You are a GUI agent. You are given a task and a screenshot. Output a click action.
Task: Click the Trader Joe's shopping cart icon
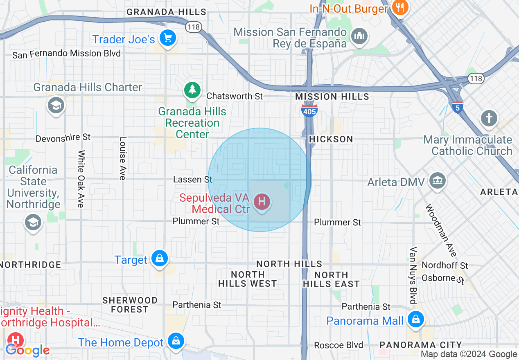167,38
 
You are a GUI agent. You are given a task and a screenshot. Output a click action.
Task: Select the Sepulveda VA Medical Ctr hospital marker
262,202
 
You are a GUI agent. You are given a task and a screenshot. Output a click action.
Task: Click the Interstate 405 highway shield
309,110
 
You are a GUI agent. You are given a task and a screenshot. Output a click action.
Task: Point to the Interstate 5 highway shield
458,107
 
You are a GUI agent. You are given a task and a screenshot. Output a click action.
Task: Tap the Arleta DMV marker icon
438,180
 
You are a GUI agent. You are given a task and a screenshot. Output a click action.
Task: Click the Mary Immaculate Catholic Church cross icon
489,119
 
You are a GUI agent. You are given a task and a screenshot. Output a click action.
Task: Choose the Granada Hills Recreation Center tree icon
192,90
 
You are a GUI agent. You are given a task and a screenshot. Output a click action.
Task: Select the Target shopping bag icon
159,259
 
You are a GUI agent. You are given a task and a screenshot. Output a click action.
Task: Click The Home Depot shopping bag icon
176,341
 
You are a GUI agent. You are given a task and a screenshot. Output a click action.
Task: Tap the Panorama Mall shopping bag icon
416,319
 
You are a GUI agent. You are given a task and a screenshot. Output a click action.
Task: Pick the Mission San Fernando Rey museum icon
359,36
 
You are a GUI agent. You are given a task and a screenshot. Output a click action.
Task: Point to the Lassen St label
193,180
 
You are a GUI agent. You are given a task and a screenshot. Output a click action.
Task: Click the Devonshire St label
63,138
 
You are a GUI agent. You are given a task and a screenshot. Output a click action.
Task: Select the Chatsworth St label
235,96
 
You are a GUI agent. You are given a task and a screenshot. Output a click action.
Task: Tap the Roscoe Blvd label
338,345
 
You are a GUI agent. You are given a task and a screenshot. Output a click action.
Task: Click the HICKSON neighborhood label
331,139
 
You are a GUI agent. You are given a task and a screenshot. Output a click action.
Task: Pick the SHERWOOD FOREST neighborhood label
130,305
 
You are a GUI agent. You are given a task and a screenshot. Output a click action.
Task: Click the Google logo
28,350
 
